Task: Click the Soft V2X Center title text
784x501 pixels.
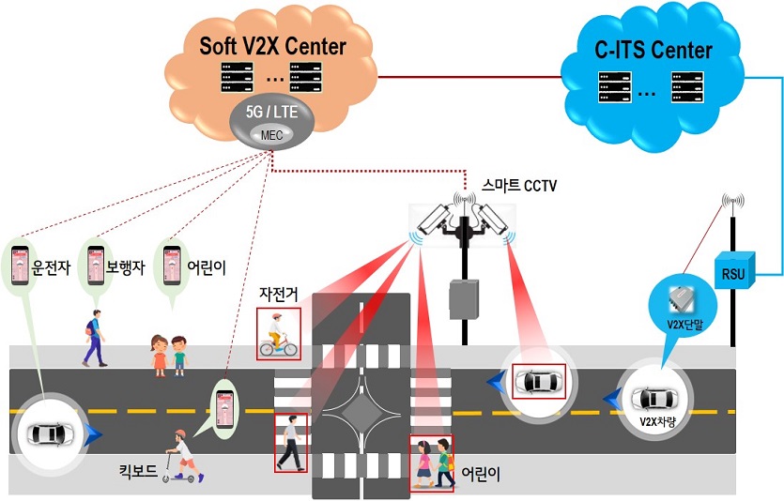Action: coord(272,45)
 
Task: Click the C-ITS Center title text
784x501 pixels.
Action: coord(654,49)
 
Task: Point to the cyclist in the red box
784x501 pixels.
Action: coord(278,336)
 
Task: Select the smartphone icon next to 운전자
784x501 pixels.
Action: coord(18,266)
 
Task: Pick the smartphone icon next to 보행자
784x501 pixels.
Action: coord(95,266)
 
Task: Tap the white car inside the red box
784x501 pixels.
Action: coord(540,382)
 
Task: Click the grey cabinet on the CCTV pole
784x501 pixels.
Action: coord(461,299)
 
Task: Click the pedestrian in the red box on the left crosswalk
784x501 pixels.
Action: coord(290,443)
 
